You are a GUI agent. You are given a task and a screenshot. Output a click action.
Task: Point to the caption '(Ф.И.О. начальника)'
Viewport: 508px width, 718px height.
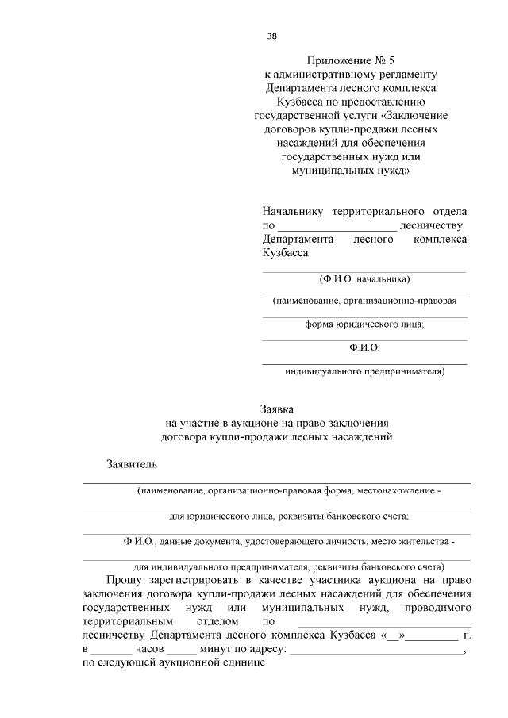point(364,279)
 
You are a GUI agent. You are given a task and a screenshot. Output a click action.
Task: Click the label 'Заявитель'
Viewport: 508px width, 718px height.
point(133,463)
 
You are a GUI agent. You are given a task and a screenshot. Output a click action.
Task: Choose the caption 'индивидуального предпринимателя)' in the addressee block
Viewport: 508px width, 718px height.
point(364,371)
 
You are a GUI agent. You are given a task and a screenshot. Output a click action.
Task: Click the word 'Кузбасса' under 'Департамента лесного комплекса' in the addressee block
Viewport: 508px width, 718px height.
point(285,253)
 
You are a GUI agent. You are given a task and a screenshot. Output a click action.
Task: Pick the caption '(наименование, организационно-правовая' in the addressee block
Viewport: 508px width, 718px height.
point(364,301)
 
